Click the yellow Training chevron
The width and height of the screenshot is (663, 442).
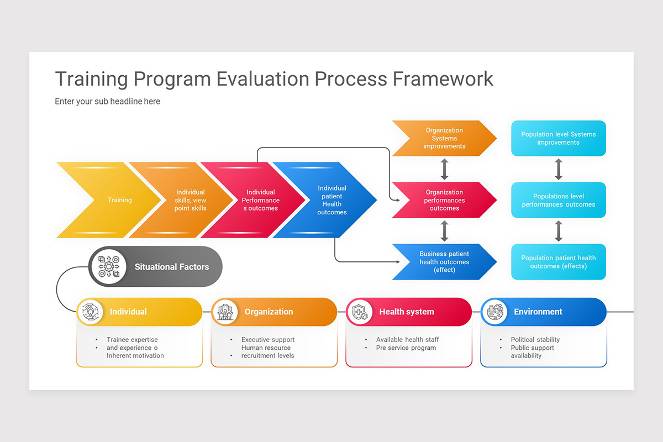(110, 200)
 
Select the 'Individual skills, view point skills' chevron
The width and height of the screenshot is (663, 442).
(188, 200)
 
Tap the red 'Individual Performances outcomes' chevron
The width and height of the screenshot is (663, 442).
(260, 200)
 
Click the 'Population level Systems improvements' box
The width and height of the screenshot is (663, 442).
(558, 139)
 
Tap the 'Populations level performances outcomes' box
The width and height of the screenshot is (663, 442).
(558, 200)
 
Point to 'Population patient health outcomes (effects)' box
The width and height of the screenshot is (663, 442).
(558, 262)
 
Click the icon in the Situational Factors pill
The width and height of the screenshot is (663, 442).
(109, 267)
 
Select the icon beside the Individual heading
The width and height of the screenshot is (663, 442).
(91, 312)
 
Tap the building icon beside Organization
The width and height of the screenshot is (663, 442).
(225, 312)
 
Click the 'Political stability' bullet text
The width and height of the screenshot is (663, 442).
(535, 340)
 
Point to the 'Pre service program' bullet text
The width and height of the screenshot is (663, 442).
(406, 348)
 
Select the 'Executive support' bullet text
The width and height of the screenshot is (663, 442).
(267, 340)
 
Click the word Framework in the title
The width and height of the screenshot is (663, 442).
(443, 79)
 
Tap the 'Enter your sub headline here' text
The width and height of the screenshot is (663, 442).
(107, 102)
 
